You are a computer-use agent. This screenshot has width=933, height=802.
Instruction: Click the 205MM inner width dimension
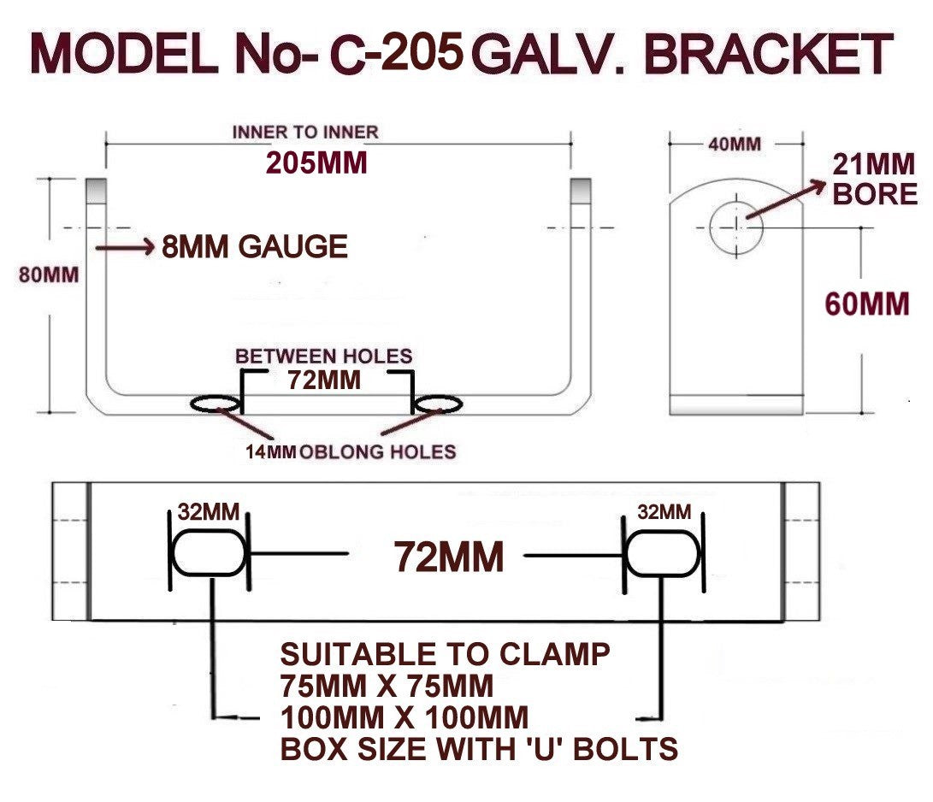[316, 163]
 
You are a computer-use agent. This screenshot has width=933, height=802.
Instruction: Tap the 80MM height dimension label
[49, 274]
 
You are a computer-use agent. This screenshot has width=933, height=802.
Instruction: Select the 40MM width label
[735, 144]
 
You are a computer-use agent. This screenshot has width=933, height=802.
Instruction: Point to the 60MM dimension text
[867, 304]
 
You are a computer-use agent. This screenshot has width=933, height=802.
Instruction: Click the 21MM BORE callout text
[874, 180]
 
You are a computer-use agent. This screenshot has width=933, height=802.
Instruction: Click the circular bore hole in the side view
[736, 227]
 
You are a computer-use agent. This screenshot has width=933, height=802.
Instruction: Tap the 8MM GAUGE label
[255, 247]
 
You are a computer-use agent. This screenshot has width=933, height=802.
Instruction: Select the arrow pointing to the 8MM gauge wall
[125, 247]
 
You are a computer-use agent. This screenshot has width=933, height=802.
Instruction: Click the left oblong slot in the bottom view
[209, 553]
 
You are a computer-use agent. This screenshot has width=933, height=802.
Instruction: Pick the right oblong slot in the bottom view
[664, 553]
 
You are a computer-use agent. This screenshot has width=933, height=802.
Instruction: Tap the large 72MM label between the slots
[449, 557]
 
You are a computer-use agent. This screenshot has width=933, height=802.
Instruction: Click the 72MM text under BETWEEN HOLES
[324, 380]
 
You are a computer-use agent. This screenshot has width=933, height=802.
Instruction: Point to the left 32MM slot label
[209, 511]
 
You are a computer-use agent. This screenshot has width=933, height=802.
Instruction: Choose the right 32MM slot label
[664, 511]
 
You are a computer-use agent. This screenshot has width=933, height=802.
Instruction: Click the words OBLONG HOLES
[378, 452]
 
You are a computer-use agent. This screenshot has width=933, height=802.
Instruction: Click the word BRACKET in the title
[768, 54]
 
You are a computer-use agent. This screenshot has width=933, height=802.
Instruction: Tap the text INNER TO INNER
[305, 132]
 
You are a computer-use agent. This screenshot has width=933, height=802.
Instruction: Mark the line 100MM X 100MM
[404, 717]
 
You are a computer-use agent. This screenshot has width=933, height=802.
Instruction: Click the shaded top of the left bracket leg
[97, 190]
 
